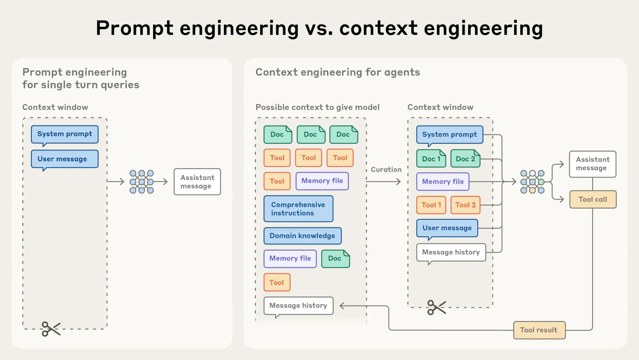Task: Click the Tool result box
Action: (539, 330)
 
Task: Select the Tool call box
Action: (593, 199)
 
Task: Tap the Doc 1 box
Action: (431, 159)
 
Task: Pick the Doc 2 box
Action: (465, 159)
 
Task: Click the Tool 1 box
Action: (431, 205)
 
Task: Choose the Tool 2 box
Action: (465, 205)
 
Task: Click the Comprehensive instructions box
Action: (298, 209)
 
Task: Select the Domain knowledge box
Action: (302, 236)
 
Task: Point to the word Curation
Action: (386, 169)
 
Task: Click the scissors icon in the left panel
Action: (51, 329)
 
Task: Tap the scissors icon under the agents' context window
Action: (436, 308)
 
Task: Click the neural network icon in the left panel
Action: (142, 182)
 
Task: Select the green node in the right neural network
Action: (541, 182)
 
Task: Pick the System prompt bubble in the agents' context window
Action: (449, 134)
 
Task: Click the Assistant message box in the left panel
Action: (197, 182)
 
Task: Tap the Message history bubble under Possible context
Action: (298, 306)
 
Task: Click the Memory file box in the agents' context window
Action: (443, 182)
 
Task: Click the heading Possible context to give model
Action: (317, 107)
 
